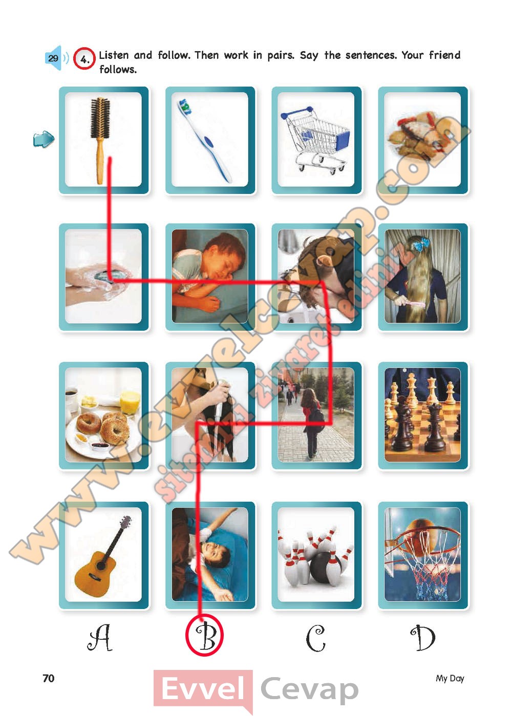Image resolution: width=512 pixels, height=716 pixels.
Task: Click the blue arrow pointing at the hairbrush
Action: (44, 139)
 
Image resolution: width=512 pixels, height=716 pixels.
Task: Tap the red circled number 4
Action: (84, 59)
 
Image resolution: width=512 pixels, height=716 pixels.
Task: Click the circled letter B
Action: (204, 635)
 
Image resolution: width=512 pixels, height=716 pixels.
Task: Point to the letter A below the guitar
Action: (100, 637)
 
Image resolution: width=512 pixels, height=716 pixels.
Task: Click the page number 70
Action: (49, 678)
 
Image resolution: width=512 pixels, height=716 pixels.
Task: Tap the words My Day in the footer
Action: (450, 678)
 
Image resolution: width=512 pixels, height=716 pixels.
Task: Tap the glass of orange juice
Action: (130, 402)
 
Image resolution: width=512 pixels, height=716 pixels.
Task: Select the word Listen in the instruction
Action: (114, 55)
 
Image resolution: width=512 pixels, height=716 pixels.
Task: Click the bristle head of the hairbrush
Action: (100, 118)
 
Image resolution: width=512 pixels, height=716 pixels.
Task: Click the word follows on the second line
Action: (118, 69)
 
